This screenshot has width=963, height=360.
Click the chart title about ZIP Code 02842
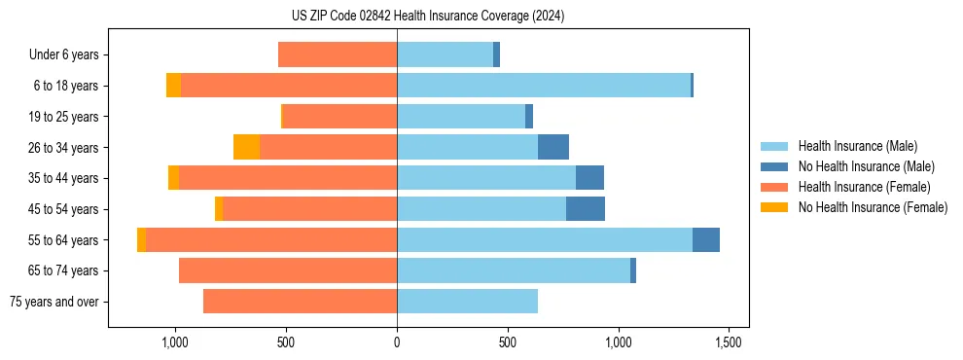[x=427, y=16]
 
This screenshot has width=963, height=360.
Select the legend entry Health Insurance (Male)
[x=857, y=146]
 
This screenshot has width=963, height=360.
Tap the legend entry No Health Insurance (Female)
[x=873, y=207]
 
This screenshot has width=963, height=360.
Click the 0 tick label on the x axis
[x=397, y=342]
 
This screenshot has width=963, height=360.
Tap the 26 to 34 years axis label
[x=65, y=147]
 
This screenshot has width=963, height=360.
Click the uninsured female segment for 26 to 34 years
[x=247, y=147]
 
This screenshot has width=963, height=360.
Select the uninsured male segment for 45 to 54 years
[x=586, y=209]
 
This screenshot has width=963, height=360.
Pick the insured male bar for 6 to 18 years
[x=544, y=86]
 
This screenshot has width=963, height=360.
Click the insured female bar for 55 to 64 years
[x=271, y=240]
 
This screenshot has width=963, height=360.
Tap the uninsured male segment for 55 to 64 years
[x=706, y=240]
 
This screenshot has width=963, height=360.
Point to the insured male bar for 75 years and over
[x=467, y=302]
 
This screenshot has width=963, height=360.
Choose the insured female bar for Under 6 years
[x=338, y=54]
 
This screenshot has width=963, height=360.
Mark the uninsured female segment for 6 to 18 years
[x=173, y=86]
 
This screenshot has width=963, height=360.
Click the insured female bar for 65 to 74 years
[x=288, y=270]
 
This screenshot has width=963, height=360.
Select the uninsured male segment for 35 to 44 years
[x=589, y=178]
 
